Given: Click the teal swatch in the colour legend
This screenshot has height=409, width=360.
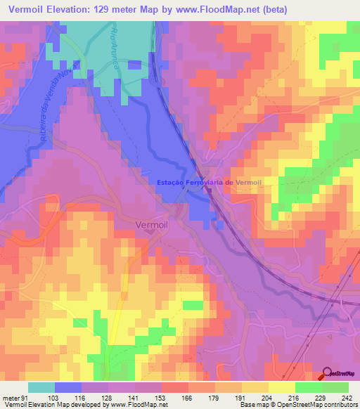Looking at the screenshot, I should coord(41,387).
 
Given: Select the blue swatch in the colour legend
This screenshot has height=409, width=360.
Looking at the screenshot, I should coord(68,387).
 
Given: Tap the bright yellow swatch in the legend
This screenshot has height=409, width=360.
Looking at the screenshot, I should coord(282,387).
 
